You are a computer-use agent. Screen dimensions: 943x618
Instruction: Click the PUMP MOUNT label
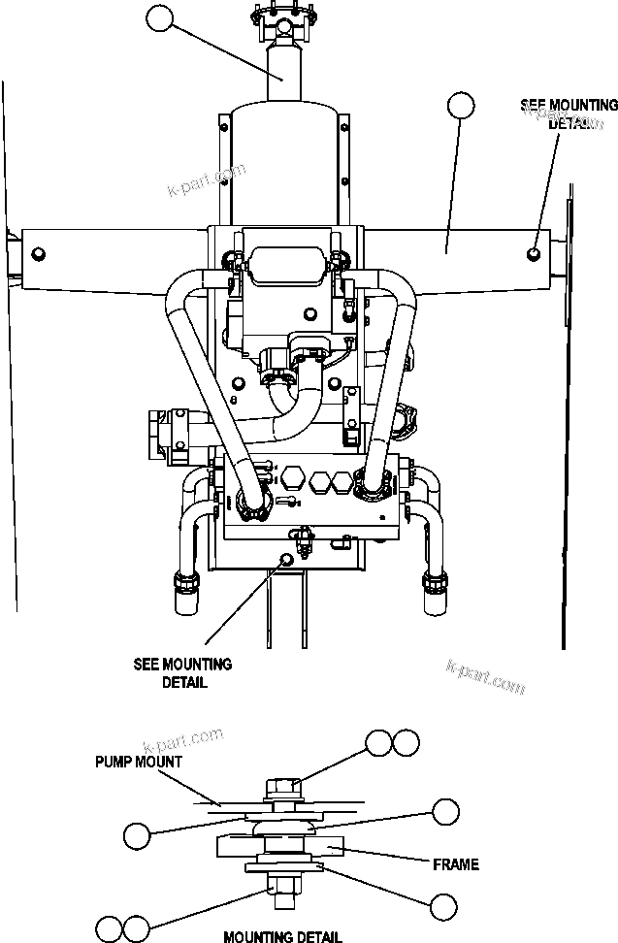coord(138,762)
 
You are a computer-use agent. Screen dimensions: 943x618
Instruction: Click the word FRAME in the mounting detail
coord(456,863)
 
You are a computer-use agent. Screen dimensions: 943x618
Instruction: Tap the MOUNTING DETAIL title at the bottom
coord(282,936)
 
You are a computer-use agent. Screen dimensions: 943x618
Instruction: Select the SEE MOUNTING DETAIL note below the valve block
coord(182,672)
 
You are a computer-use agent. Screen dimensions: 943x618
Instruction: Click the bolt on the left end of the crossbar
coord(38,254)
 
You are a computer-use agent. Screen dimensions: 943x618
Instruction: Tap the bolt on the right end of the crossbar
coord(535,253)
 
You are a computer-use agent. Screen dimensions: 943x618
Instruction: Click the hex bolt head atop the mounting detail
coord(282,783)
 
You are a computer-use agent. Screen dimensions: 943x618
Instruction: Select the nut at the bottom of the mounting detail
coord(281,886)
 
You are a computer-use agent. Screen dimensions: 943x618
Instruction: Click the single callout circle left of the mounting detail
coord(138,833)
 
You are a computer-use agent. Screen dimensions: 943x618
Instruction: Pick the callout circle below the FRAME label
coord(443,906)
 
